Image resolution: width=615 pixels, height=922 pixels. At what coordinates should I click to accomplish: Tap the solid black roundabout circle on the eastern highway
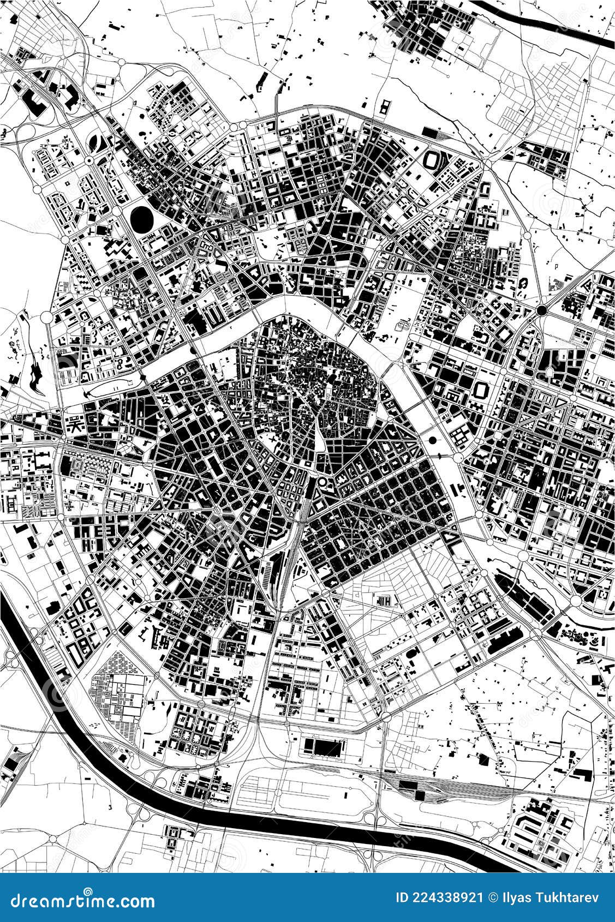tap(541, 310)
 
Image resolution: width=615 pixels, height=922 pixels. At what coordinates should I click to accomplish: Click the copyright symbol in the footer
tap(494, 897)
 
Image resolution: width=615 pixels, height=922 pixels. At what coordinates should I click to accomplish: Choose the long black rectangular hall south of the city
tap(322, 747)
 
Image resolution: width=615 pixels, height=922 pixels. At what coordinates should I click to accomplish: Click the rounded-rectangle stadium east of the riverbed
tap(482, 391)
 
